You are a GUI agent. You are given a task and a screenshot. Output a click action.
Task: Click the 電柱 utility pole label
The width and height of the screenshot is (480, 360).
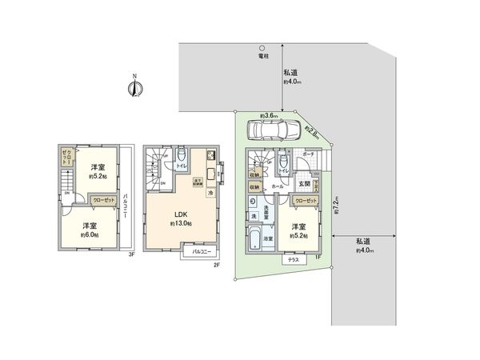click(x=263, y=57)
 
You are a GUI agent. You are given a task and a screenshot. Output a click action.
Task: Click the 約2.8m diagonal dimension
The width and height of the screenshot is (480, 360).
click(x=313, y=133)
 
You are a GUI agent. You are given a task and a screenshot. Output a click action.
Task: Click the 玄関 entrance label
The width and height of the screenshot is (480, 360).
click(x=304, y=185)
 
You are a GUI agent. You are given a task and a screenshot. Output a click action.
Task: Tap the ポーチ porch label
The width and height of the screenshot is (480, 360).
click(x=308, y=156)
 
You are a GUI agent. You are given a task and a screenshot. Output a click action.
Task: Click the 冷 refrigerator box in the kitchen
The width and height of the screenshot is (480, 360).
click(x=210, y=193)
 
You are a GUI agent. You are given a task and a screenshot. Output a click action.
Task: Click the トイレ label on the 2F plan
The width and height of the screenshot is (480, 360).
click(x=182, y=166)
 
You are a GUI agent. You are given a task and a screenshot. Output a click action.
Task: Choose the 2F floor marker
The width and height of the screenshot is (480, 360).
click(x=215, y=265)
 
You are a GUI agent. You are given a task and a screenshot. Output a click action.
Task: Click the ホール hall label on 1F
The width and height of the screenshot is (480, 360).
click(x=276, y=185)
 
